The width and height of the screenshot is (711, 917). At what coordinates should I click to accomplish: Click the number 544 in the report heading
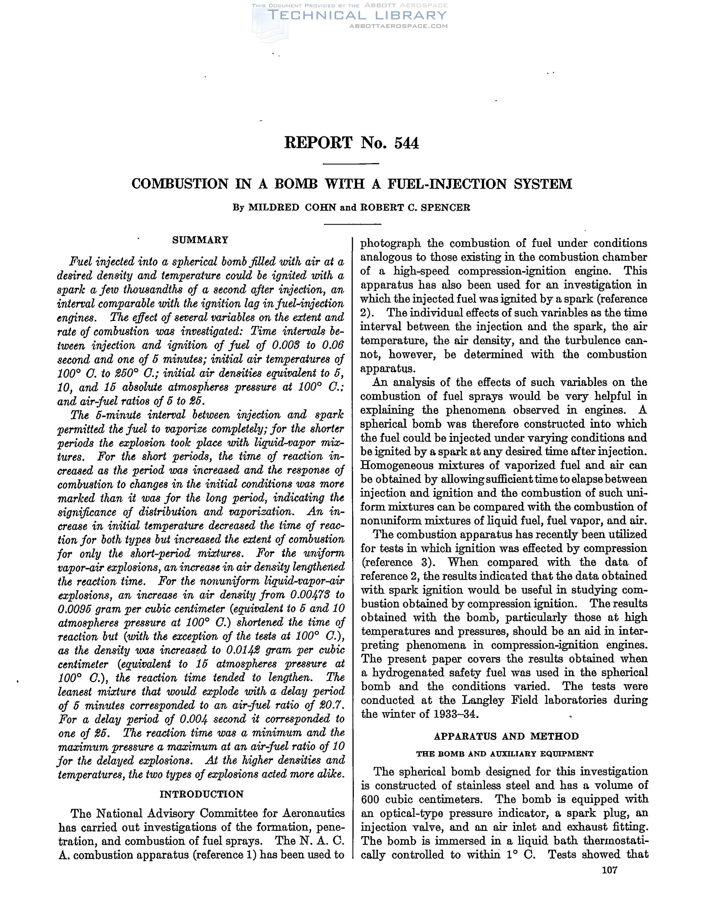point(406,144)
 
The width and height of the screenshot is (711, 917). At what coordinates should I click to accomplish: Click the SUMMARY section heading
point(200,240)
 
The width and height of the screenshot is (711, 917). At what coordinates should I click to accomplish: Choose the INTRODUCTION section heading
point(201,794)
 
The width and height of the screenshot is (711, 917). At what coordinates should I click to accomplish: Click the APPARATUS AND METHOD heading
point(506,736)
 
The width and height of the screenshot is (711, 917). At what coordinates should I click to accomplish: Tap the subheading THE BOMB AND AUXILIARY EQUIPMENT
point(505,754)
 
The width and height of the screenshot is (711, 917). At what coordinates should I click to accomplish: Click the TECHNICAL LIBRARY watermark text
point(357,15)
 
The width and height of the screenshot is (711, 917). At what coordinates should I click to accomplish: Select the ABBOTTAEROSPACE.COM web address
point(398,26)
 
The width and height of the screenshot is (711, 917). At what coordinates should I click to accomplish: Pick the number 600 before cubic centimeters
point(372,799)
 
